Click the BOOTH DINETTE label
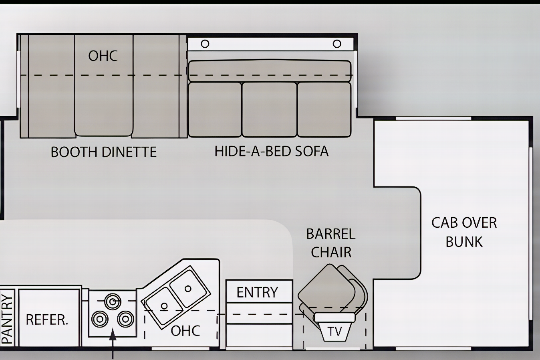tap(104, 152)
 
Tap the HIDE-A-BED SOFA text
tap(272, 151)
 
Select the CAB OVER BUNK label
tap(464, 232)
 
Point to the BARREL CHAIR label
tap(331, 243)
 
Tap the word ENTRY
tap(257, 292)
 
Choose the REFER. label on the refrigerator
tap(47, 320)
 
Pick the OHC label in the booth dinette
tap(103, 56)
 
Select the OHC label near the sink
tap(185, 331)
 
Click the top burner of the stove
tap(113, 301)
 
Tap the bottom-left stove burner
tap(100, 319)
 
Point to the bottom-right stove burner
tap(125, 319)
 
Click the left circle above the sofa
tap(205, 44)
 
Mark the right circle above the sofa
tap(337, 44)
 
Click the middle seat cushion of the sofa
tap(269, 110)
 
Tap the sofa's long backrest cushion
tap(270, 71)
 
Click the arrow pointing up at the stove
tap(113, 344)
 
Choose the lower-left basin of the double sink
tap(164, 306)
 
